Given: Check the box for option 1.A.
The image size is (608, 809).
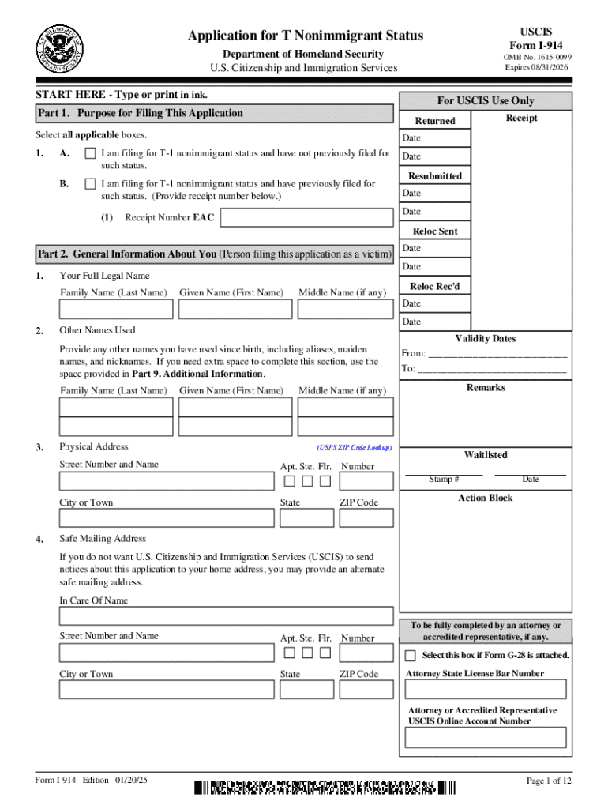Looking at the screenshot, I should (x=91, y=153).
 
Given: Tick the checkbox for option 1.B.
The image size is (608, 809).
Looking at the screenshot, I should (x=91, y=184).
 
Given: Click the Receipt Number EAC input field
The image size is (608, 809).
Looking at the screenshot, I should (x=306, y=217).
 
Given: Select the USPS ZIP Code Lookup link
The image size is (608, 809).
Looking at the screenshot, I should (x=354, y=447).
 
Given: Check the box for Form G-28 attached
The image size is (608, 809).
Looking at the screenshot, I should (x=411, y=656).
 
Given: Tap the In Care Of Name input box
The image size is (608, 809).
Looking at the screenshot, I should (x=226, y=616).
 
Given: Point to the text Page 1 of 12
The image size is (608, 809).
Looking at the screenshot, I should (x=549, y=781).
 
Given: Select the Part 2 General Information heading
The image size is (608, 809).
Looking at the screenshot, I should (x=214, y=254).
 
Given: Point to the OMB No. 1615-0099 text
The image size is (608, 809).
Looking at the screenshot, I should (x=538, y=57).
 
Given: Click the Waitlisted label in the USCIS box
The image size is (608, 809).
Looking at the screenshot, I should (x=486, y=455).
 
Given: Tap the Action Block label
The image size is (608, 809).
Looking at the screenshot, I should (x=485, y=498).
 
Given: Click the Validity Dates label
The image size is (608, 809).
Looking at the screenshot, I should (x=485, y=339).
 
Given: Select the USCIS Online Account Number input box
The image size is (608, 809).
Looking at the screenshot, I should (x=485, y=737).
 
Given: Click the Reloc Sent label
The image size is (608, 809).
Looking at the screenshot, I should (x=435, y=231).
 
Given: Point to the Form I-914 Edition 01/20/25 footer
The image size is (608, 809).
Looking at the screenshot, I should (x=92, y=781).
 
